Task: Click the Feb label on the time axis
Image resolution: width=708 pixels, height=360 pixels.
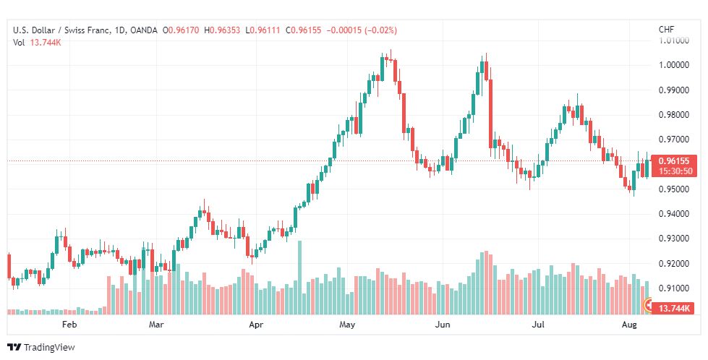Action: pos(69,325)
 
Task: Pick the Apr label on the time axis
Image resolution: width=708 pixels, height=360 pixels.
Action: pos(255,325)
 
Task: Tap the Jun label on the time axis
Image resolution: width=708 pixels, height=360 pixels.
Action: pos(443,325)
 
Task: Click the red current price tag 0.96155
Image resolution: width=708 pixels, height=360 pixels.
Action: pos(673,161)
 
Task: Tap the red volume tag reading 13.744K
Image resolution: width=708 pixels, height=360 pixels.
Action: pos(673,309)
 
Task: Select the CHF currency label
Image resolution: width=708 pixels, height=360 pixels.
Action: pos(666,30)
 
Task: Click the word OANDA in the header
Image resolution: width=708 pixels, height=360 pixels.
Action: pos(143,30)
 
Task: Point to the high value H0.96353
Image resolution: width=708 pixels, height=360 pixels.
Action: pos(224,30)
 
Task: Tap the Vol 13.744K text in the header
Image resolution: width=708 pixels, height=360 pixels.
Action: pos(37,43)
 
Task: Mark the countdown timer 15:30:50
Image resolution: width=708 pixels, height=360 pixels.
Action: pos(673,171)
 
